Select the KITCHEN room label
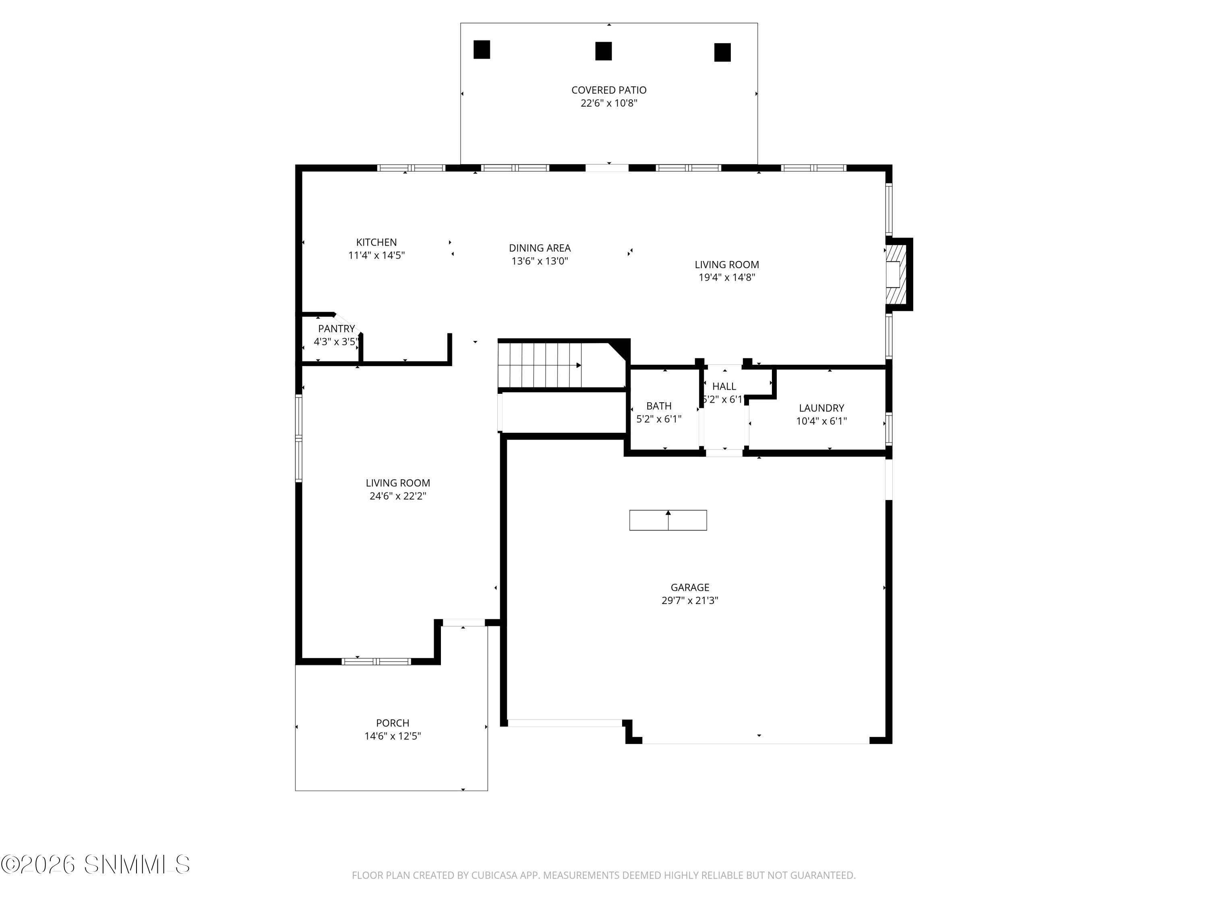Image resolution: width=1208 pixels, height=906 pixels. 376,242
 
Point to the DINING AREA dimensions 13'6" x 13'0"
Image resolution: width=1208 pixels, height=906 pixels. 540,261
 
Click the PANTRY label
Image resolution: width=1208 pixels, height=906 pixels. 336,329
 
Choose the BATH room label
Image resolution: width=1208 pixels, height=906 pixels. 659,406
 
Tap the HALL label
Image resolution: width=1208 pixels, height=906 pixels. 724,386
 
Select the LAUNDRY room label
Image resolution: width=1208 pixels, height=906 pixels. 821,408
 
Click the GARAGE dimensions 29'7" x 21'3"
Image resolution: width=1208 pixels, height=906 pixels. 689,601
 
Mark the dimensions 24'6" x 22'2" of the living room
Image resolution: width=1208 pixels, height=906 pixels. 397,496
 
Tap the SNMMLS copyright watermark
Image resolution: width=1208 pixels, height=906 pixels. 95,865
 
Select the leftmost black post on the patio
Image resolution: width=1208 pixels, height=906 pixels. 481,50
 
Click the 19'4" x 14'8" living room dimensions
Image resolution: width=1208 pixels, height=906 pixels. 726,277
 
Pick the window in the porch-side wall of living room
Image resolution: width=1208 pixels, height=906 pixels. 376,661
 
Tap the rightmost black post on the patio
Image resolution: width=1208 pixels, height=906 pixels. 722,52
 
